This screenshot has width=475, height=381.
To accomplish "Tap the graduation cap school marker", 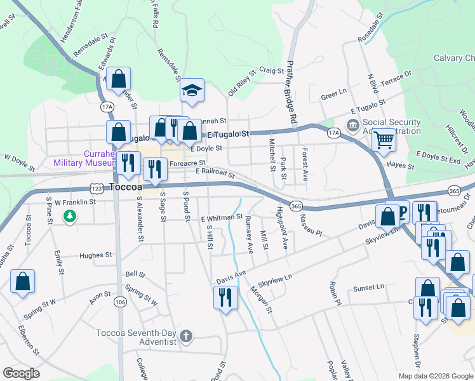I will coord(191,91).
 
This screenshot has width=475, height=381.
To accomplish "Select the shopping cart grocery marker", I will coord(384,139).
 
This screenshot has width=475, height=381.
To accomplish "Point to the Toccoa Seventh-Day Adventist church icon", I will coord(185,336).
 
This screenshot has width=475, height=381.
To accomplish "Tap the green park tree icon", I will coord(70,217).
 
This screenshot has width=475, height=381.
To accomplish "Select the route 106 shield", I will coord(120,303).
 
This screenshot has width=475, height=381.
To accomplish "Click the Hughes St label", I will coord(95,255).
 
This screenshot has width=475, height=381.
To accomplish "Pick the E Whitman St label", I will coord(222,218).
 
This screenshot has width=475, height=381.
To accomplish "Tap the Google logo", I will coord(21,373).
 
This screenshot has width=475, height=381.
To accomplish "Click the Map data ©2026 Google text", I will coord(435,375).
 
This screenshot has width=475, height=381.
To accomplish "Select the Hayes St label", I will coord(401,167).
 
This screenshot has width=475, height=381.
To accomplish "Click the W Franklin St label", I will coord(74,202).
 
